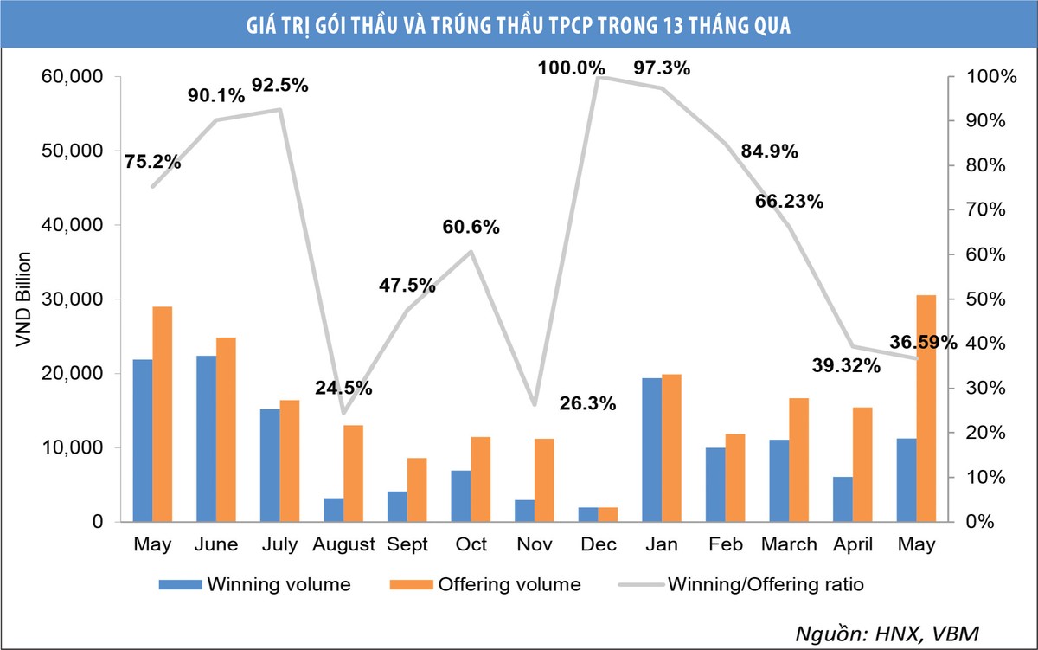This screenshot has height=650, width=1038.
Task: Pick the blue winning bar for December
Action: coord(587,514)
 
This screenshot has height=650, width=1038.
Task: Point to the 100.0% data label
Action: coord(569,67)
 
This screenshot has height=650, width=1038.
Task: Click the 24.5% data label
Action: coord(344,388)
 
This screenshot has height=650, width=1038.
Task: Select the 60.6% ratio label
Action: coord(471,228)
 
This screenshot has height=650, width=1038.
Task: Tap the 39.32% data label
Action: coord(847,366)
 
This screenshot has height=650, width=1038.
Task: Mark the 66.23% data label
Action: coord(789,202)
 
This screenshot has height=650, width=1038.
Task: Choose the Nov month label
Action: coord(533,544)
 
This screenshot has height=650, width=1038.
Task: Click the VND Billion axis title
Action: coord(23,299)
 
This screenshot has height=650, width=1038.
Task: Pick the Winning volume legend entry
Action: coord(255,584)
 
